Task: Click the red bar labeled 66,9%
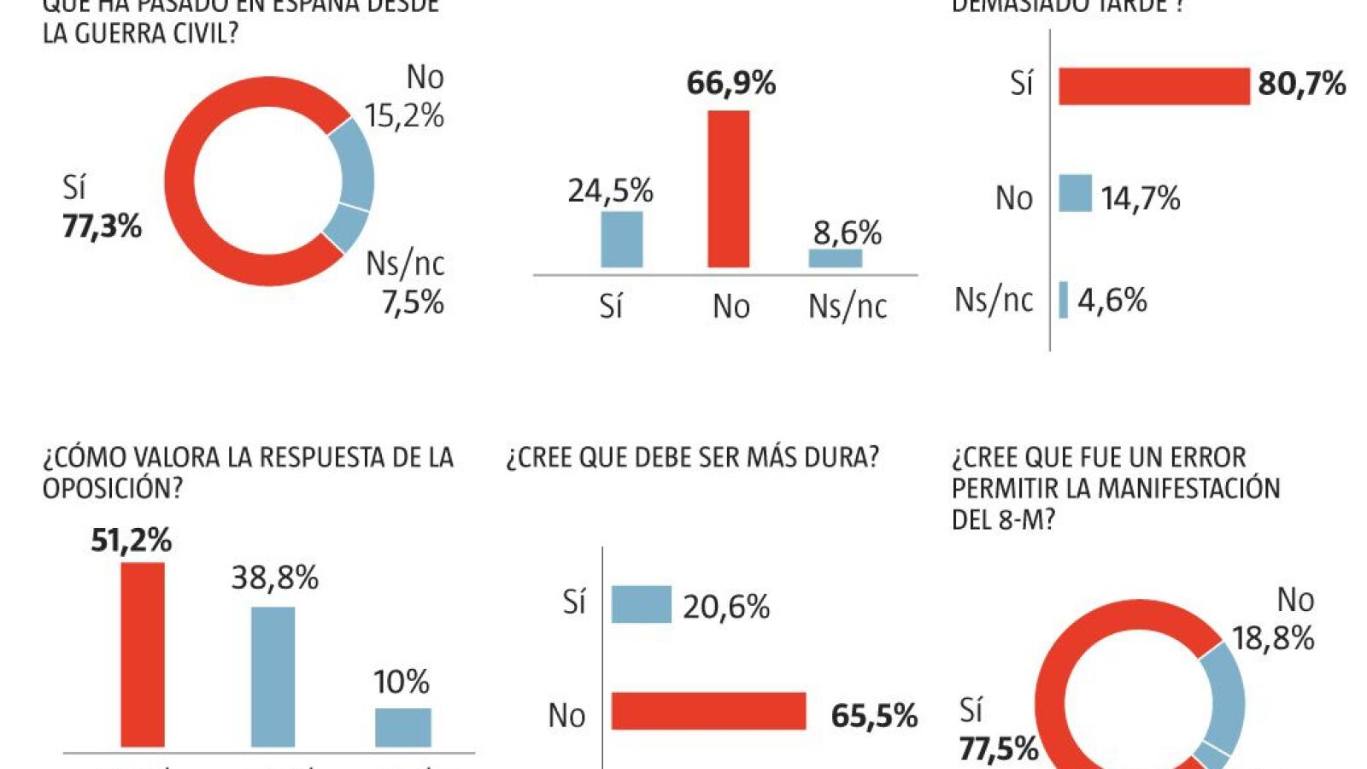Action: coord(729,189)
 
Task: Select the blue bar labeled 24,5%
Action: coord(622,239)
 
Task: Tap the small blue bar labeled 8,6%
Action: coord(836,258)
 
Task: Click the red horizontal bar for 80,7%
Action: coord(1154,86)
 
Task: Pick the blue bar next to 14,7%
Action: coord(1076,193)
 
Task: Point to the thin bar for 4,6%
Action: coord(1064,300)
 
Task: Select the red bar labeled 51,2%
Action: coord(143,655)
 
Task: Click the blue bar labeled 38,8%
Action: coord(273,677)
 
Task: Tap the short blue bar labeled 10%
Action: coord(403,727)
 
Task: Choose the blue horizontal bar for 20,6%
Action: coord(642,604)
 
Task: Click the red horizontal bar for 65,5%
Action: coord(709,711)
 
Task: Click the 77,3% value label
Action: coord(102,226)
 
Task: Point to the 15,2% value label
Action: coord(404,115)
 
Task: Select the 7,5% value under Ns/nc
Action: coord(413,302)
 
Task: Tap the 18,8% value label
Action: coord(1272,637)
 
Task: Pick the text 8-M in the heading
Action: coord(1020,520)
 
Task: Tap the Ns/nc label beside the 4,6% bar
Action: coord(994,300)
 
